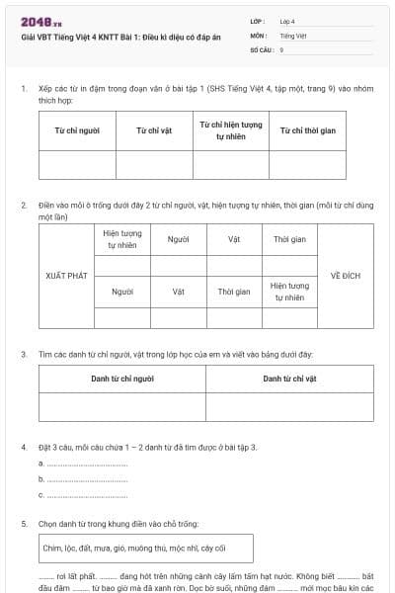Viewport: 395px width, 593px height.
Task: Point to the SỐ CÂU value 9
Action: [282, 48]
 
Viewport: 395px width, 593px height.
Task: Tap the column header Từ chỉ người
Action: [78, 130]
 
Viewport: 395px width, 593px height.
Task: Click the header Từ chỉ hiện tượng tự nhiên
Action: [231, 130]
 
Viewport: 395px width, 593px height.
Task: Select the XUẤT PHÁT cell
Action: [66, 276]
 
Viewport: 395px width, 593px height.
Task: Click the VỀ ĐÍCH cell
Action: [346, 276]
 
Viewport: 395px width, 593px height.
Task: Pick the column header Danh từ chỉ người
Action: [122, 379]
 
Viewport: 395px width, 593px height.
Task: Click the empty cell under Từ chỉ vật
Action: [155, 164]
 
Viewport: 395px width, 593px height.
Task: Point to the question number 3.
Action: [24, 353]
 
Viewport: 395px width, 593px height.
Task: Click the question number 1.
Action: [24, 89]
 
